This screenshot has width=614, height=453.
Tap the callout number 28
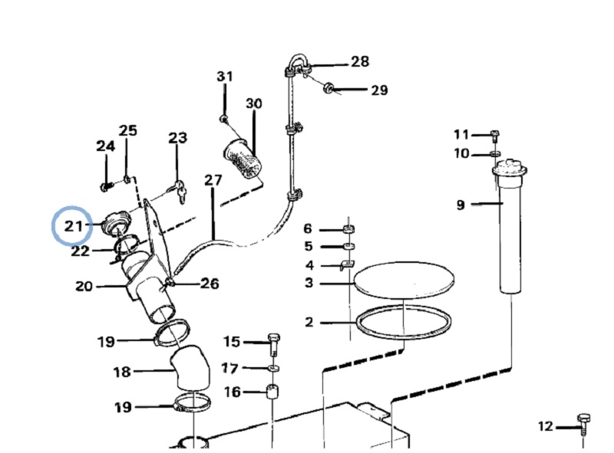coord(359,61)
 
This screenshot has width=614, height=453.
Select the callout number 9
coord(460,205)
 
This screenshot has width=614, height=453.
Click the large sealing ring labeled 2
coord(403,323)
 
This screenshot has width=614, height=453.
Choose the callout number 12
coord(545,426)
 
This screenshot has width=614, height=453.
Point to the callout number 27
coord(213,181)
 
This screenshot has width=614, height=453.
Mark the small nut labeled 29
coord(328,88)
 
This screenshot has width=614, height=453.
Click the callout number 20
coord(84,287)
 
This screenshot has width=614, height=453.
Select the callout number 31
coord(224,77)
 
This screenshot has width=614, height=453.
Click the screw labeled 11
coord(495,136)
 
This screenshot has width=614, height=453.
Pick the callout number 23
coord(177,138)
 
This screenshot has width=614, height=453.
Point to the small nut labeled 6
coord(347,228)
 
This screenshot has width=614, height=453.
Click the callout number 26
coord(209,284)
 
